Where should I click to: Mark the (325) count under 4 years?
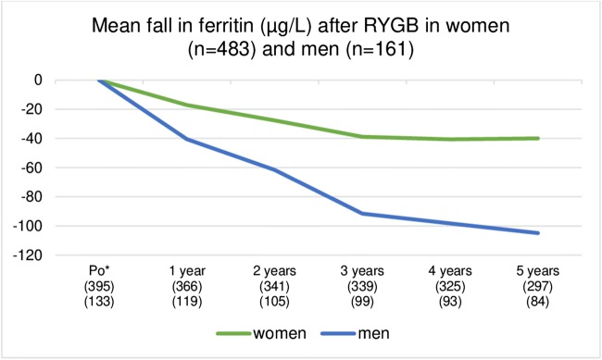pos(449,287)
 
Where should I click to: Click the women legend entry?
pos(261,334)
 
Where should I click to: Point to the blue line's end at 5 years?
pos(537,232)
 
